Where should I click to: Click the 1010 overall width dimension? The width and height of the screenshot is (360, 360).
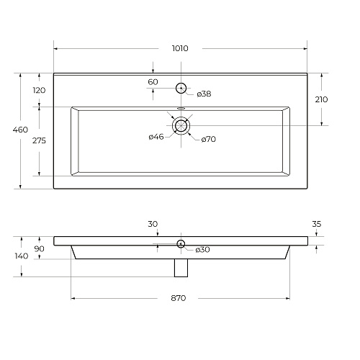point(180,48)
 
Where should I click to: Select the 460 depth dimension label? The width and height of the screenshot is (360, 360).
point(20,130)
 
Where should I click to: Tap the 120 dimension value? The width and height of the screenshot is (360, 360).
point(39,91)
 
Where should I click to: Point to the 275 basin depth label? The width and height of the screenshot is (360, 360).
point(39,140)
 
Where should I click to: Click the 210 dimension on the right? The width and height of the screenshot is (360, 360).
point(321,99)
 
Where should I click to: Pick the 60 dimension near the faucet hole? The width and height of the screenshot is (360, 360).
point(153,82)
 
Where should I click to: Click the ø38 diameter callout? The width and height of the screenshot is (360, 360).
point(204,94)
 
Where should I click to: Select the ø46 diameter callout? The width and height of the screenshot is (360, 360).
point(156,137)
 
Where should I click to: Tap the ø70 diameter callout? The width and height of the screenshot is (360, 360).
point(209,139)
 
